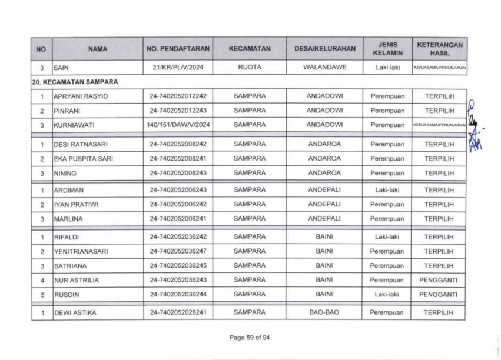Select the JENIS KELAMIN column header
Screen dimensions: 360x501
[x=386, y=49]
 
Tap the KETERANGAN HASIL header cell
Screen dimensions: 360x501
[x=440, y=49]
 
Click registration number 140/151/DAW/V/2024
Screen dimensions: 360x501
[x=177, y=125]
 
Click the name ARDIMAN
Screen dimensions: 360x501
[x=67, y=191]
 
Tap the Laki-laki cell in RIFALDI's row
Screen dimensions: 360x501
[x=386, y=237]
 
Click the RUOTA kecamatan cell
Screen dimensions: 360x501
[x=250, y=68]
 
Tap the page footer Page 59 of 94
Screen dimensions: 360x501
[x=250, y=338]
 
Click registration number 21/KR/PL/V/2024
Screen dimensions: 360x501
[x=177, y=68]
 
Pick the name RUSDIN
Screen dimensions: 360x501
[x=65, y=294]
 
